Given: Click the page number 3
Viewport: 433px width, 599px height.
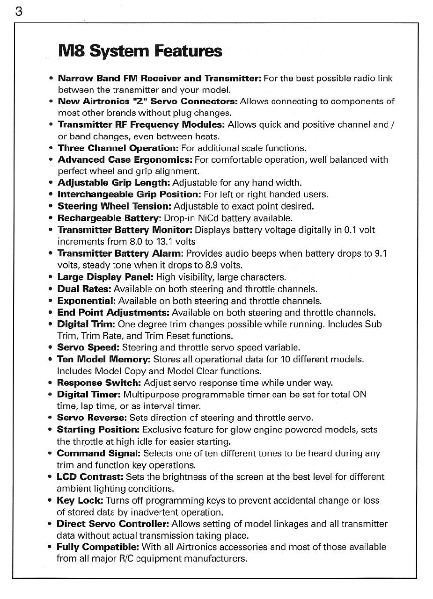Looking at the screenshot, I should [18, 12].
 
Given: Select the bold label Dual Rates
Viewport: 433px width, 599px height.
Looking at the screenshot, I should [84, 289].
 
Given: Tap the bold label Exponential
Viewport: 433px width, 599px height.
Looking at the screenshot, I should [86, 301].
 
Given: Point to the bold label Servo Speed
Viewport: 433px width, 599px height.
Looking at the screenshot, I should [88, 347].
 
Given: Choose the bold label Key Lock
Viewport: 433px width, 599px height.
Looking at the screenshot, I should [80, 500].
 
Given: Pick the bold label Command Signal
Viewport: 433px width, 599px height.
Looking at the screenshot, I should [99, 454].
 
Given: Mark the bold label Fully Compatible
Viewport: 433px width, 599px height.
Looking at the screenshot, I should [98, 547].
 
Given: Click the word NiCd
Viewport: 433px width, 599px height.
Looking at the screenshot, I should [209, 218].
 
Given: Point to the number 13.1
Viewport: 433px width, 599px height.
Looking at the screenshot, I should [166, 242].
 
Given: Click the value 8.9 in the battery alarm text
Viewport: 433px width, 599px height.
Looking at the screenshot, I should [209, 266].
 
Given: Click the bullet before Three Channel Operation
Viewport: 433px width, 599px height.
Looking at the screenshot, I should [50, 148].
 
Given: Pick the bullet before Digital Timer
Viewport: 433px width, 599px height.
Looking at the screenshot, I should [50, 395].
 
